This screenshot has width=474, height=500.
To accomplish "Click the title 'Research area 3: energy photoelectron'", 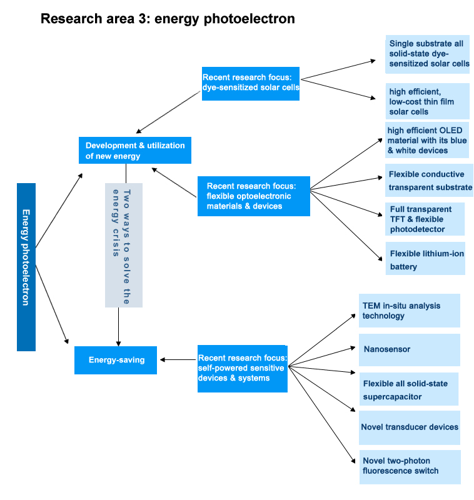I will tap(167, 19).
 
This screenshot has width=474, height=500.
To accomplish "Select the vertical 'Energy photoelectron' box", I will tap(26, 266).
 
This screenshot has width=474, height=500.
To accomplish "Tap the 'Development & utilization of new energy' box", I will tap(135, 150).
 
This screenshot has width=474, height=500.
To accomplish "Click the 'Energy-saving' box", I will tap(116, 360).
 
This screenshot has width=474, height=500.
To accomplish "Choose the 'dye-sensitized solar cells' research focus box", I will tap(251, 83).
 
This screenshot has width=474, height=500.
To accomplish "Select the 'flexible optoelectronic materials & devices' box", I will tap(253, 196).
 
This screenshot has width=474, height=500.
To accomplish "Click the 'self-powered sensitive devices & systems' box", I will tap(243, 369).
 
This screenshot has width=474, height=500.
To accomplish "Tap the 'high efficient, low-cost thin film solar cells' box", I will tap(428, 101).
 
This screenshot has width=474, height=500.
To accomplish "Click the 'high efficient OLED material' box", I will tap(427, 141).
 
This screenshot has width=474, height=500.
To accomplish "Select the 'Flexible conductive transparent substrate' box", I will tap(429, 181).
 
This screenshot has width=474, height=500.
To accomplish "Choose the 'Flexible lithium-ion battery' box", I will tap(425, 259).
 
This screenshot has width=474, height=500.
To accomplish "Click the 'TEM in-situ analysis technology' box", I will tap(409, 311).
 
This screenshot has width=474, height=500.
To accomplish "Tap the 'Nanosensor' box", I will tap(409, 349).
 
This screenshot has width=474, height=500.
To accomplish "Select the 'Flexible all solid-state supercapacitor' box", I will tap(409, 389).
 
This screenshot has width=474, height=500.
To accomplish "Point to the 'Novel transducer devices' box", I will tap(409, 427).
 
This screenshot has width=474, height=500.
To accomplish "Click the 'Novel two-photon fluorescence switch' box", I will tap(409, 466).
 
